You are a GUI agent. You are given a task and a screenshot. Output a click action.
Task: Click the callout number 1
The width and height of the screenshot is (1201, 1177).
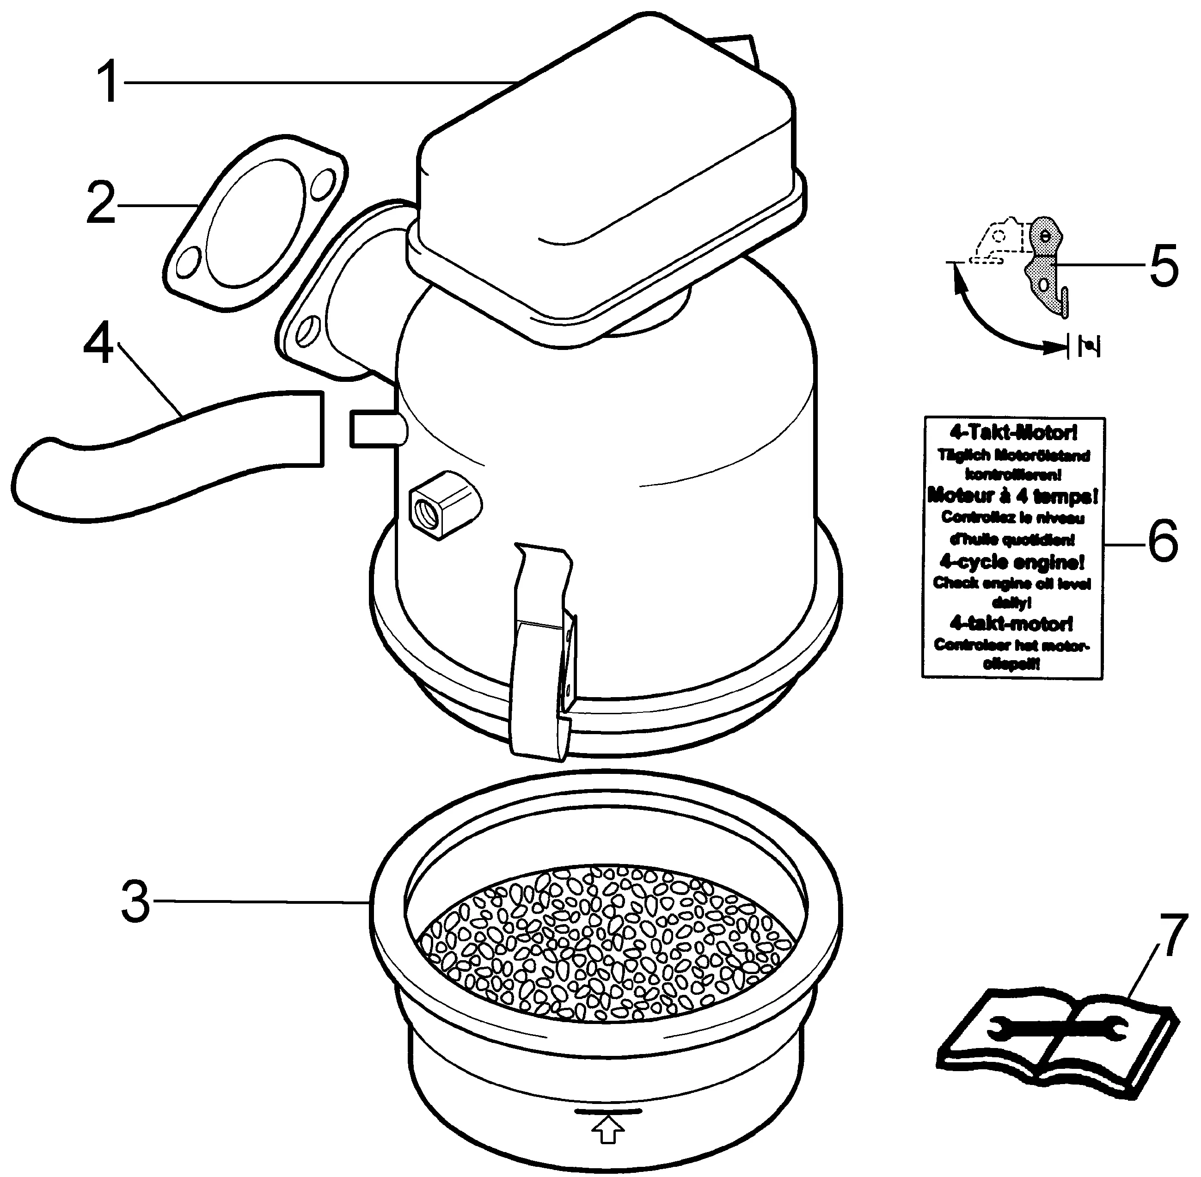click(x=110, y=82)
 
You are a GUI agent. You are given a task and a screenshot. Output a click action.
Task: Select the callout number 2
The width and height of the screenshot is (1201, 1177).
click(x=101, y=203)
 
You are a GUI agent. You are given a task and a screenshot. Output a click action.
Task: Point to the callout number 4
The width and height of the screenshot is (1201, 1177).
click(x=99, y=343)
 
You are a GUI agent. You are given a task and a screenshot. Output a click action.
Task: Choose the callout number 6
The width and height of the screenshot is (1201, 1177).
click(x=1163, y=541)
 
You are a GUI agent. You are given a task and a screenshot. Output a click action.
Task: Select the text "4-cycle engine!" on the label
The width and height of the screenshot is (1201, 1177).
click(x=1012, y=562)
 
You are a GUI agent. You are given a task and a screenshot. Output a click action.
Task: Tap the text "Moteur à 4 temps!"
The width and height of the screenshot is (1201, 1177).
click(x=1012, y=496)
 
